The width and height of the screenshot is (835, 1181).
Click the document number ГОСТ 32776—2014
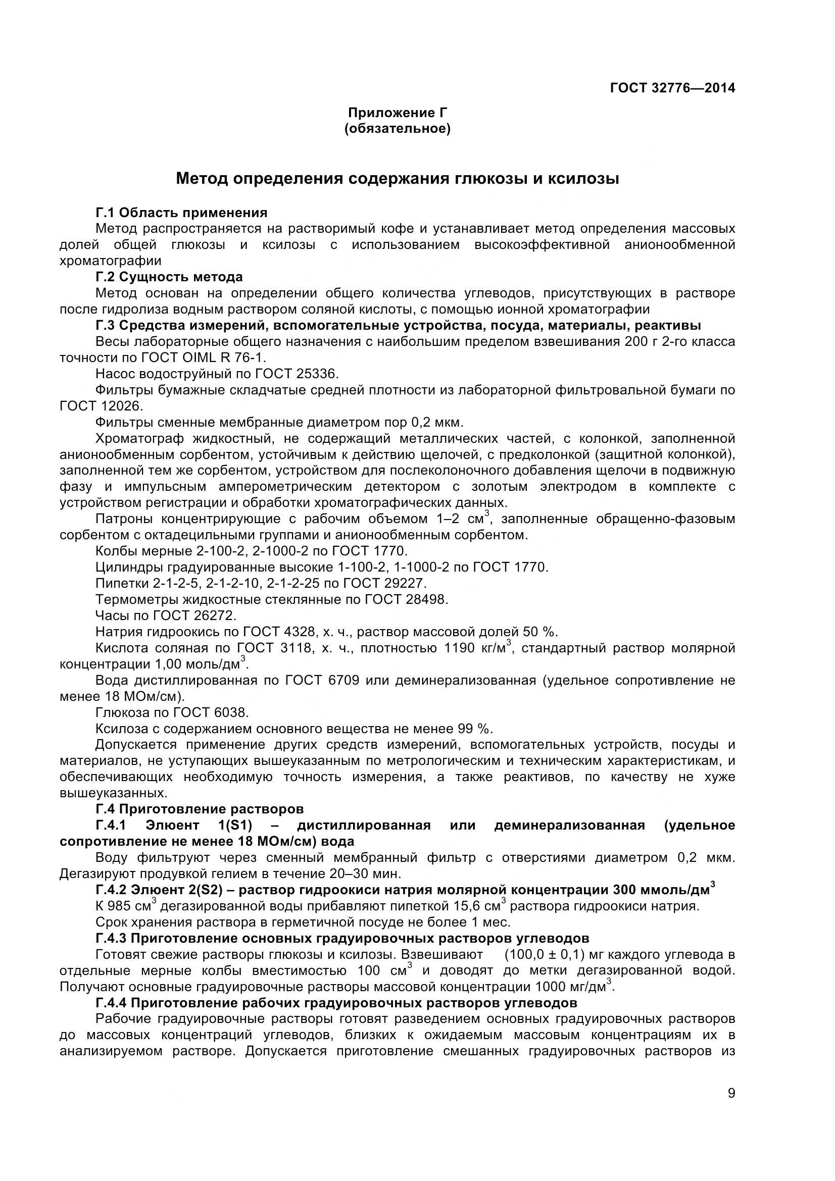[672, 88]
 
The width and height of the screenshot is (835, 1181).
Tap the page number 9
[731, 1107]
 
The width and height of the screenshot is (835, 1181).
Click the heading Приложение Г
[397, 112]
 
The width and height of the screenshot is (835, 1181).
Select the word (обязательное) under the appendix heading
[397, 128]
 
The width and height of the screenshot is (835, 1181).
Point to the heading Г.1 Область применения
[181, 213]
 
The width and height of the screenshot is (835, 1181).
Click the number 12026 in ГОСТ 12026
[120, 406]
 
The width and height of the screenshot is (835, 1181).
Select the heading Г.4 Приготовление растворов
[200, 809]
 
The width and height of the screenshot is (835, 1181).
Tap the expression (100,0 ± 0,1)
[545, 955]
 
